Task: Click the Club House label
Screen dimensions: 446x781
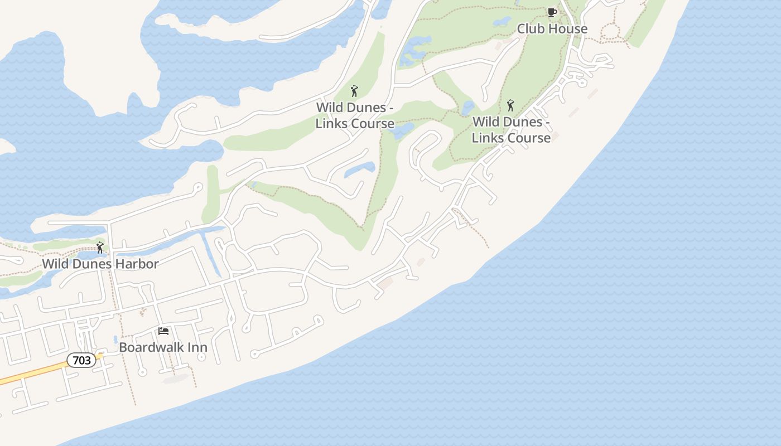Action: (x=552, y=28)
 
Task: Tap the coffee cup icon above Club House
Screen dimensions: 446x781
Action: (x=552, y=12)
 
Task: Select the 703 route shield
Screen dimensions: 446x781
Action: (x=81, y=360)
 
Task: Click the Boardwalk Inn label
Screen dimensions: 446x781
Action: (x=163, y=347)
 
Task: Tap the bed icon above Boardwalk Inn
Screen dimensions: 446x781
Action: (x=163, y=331)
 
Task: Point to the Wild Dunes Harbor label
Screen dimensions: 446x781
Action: (x=100, y=263)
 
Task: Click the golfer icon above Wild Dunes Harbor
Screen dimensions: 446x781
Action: (x=100, y=248)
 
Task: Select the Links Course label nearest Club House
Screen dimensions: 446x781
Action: (x=511, y=129)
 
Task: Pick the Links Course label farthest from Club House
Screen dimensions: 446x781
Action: (x=355, y=115)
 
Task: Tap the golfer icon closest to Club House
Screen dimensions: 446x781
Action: (x=510, y=105)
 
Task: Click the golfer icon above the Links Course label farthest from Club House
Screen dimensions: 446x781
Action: (x=354, y=90)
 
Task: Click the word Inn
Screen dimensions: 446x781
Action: (x=197, y=347)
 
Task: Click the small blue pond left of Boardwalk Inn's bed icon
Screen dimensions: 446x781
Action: (x=115, y=339)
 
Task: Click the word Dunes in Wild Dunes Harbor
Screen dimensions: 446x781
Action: (x=91, y=263)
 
